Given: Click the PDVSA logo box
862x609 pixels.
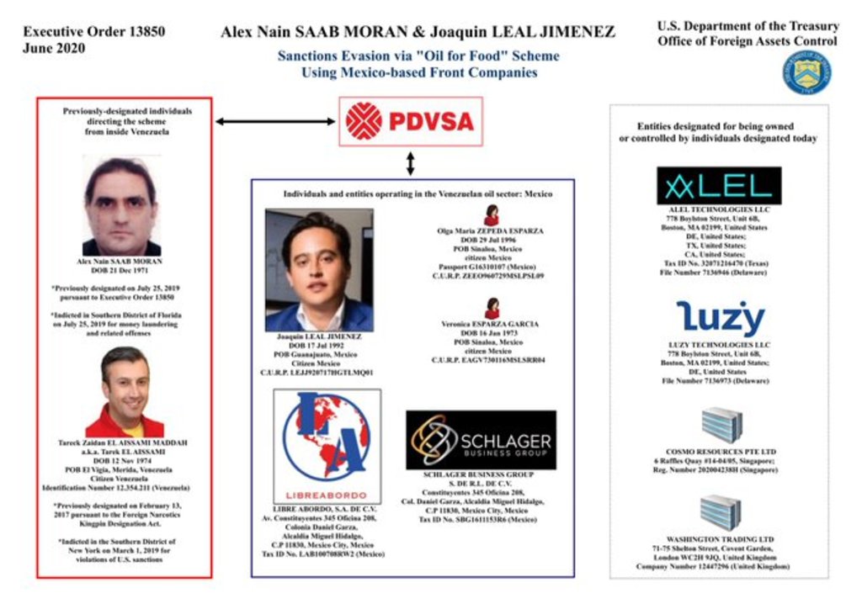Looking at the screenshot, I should pyautogui.click(x=410, y=121).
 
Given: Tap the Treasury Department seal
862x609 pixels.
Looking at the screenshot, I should pyautogui.click(x=806, y=72).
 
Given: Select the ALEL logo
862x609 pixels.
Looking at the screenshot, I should pyautogui.click(x=718, y=186).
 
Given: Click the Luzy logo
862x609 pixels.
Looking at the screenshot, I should pyautogui.click(x=720, y=318).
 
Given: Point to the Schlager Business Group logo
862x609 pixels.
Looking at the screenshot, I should pyautogui.click(x=481, y=440).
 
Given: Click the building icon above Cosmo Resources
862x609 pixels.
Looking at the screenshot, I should pyautogui.click(x=721, y=425).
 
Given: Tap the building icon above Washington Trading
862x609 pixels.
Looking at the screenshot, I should pyautogui.click(x=721, y=512).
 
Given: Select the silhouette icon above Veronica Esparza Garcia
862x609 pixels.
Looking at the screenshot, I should pyautogui.click(x=492, y=308).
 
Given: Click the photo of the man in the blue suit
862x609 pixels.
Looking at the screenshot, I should pyautogui.click(x=319, y=270).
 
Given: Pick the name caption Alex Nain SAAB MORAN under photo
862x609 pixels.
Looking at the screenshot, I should pyautogui.click(x=120, y=262).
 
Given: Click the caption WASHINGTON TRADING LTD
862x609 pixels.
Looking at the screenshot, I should pyautogui.click(x=720, y=539).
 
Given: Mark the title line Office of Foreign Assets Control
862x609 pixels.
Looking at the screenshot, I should pyautogui.click(x=748, y=41).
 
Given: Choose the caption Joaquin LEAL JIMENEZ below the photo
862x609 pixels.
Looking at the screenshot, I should pyautogui.click(x=319, y=336).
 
